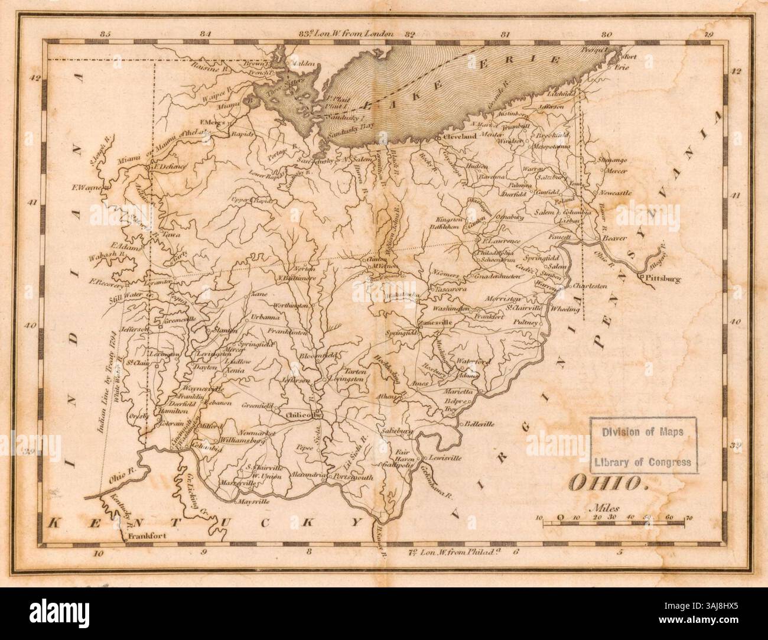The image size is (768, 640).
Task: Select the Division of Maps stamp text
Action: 643,431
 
